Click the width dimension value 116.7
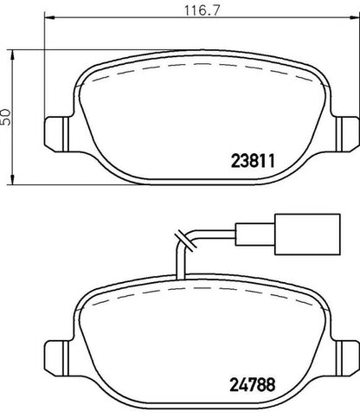click(202, 10)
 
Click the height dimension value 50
click(6, 117)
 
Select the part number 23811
click(253, 161)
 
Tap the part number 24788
click(253, 384)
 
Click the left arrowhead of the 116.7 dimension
click(50, 17)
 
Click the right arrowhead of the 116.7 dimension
click(355, 17)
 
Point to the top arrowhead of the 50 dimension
click(12, 55)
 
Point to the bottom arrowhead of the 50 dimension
click(12, 179)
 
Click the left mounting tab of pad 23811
click(57, 134)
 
